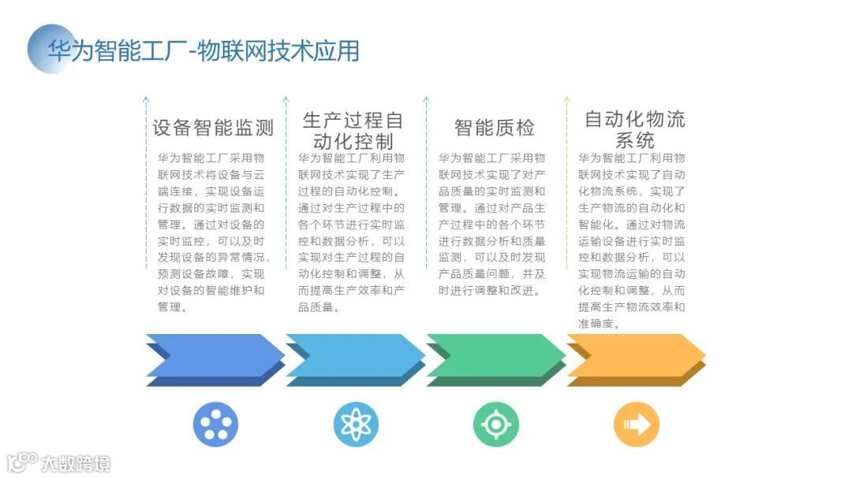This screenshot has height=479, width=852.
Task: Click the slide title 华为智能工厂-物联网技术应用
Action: pos(204,51)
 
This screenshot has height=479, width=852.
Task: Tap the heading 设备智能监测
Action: pos(213,128)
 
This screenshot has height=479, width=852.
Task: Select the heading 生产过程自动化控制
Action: pos(353,131)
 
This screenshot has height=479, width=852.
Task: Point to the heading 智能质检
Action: pos(495,128)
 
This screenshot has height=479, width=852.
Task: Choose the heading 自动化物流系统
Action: pos(634,130)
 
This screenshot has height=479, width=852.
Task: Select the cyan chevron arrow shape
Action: pos(354,359)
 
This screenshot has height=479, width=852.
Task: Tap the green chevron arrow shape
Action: pos(495,359)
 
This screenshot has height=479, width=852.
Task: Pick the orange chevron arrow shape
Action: pos(636,359)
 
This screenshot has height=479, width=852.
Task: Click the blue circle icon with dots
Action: pos(215,425)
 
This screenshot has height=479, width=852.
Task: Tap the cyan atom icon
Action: pos(356,425)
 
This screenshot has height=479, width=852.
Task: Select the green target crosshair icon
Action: pos(496,425)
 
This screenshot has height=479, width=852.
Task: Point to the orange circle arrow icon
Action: pos(637,425)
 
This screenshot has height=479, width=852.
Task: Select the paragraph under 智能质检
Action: pos(493,224)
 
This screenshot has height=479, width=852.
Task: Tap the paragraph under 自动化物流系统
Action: pos(633,240)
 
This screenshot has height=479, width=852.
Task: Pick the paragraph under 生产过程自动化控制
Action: pos(353,232)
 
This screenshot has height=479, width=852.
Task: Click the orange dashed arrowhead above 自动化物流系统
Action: pos(566,100)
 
